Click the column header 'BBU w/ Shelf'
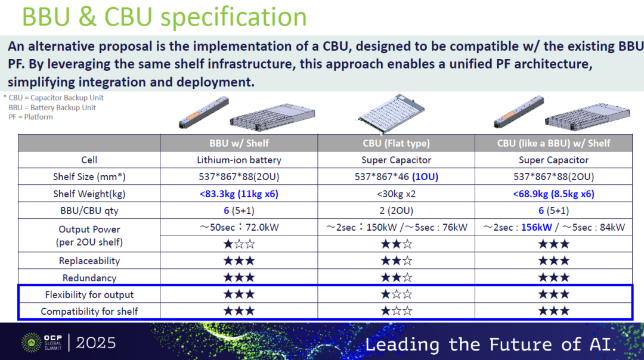[x=239, y=143]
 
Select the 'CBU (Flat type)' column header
[x=397, y=143]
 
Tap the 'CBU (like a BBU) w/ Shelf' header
[x=553, y=143]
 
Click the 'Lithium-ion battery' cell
[x=239, y=160]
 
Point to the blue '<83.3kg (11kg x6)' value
[x=239, y=194]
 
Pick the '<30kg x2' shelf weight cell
[x=397, y=194]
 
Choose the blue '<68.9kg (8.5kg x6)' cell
[x=553, y=194]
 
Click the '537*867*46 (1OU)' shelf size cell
[x=397, y=177]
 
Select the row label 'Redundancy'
[x=89, y=278]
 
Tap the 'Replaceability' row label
[x=89, y=260]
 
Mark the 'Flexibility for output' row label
[x=89, y=294]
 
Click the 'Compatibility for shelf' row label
[x=89, y=312]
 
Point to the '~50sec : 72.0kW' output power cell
[x=239, y=227]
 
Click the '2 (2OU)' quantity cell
[x=397, y=210]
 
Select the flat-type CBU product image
[x=391, y=113]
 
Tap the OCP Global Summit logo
[x=42, y=343]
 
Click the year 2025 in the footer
[x=96, y=343]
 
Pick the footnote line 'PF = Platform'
[x=31, y=117]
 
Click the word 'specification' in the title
[x=234, y=18]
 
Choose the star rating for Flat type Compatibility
[x=397, y=311]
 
